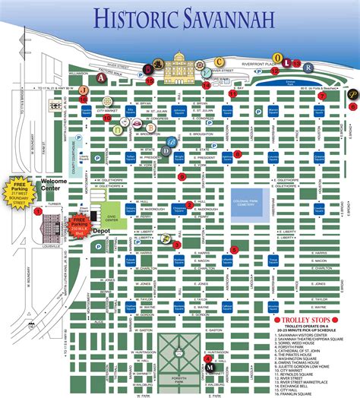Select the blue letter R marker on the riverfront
[x=307, y=67]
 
